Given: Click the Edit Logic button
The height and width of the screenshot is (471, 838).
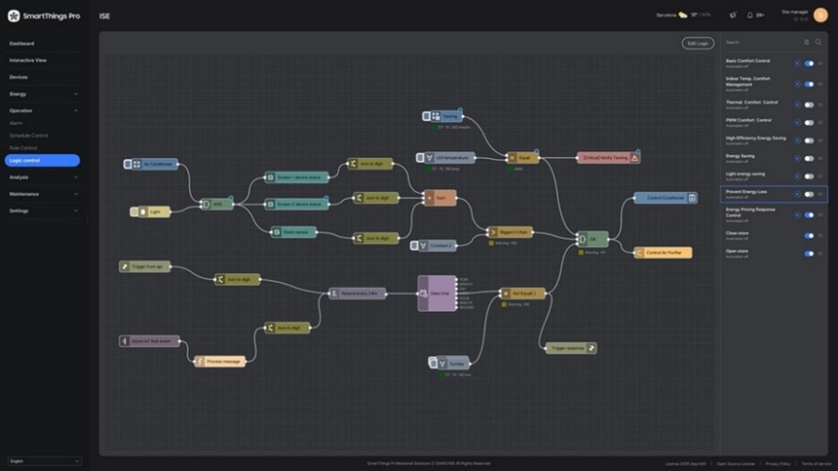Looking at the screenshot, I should [x=698, y=43].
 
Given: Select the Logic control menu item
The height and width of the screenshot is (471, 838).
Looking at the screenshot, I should [x=42, y=161].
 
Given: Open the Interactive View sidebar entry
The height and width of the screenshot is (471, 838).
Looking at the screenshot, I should [x=28, y=60].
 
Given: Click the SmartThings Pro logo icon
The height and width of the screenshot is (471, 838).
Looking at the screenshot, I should [x=13, y=15].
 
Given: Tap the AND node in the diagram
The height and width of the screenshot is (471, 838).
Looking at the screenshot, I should [x=216, y=204].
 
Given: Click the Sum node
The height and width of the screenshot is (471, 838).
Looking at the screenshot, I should [x=440, y=198].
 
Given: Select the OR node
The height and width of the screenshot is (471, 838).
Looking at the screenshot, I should [x=592, y=239].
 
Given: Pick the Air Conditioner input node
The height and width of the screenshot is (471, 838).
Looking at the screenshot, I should [x=152, y=164].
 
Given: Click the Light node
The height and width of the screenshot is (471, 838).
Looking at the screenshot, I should [x=151, y=212].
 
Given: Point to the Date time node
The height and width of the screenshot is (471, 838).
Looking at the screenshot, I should [x=437, y=293].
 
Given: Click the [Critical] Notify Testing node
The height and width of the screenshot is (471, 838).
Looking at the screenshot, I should [x=609, y=157].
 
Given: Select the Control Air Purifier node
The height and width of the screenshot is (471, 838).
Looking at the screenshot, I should [x=663, y=253].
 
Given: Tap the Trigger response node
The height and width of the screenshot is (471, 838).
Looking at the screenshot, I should [x=571, y=348].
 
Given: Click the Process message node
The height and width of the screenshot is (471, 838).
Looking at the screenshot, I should [x=219, y=362].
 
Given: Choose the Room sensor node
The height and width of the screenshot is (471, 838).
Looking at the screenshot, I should [x=293, y=232].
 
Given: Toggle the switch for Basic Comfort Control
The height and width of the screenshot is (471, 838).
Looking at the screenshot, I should [x=809, y=63].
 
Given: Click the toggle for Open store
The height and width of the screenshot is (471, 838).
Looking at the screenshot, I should [x=809, y=253].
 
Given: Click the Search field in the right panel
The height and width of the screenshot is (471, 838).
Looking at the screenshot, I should [x=760, y=42].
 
